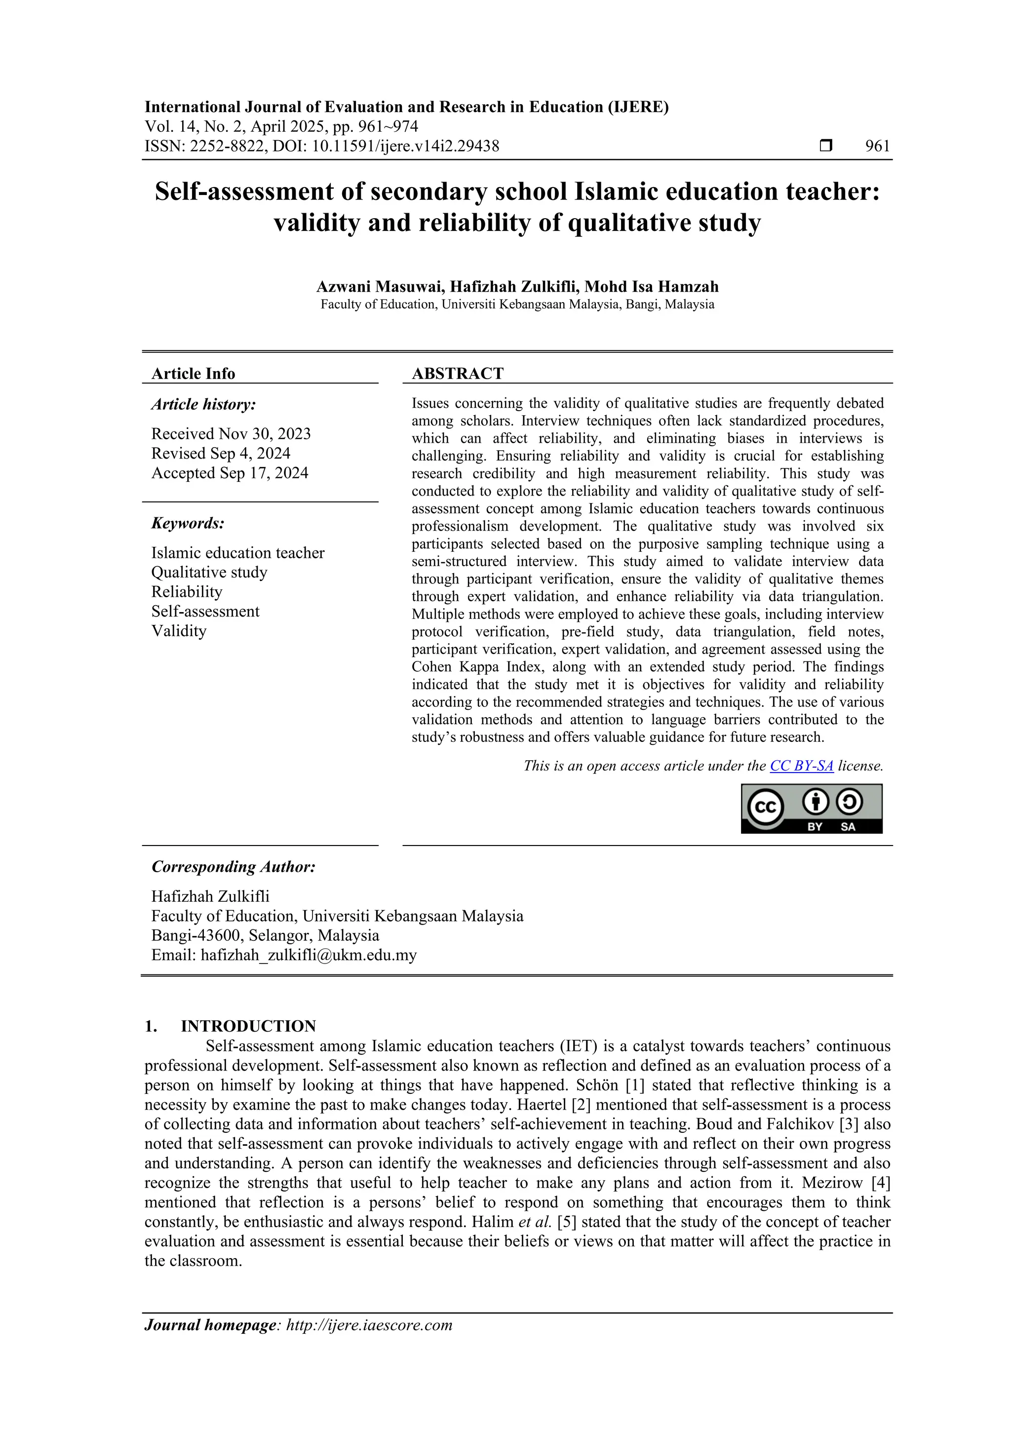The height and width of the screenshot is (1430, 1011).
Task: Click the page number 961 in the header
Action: [x=877, y=147]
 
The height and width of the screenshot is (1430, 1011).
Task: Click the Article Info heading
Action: [x=193, y=374]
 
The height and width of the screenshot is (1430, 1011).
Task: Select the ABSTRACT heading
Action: [x=457, y=374]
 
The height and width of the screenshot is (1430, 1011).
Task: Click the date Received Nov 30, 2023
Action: [x=231, y=433]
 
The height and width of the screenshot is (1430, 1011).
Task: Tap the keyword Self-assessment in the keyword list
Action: [x=205, y=611]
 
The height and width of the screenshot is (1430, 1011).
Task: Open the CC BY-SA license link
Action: [x=801, y=766]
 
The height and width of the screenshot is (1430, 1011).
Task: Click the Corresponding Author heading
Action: [x=233, y=867]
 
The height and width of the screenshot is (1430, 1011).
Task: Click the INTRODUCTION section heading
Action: [x=248, y=1026]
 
